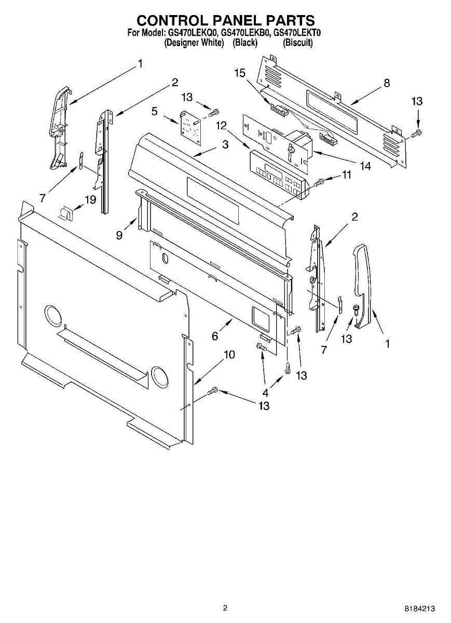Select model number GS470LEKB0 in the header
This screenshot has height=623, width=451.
245,33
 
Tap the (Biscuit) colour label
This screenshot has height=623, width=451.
297,43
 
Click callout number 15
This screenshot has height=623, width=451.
239,73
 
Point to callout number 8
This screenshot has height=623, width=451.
386,83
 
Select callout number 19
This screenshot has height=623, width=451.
91,199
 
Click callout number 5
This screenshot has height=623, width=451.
154,111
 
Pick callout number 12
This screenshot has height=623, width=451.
222,125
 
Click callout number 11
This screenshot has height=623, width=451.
346,175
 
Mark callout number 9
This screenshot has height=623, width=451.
119,235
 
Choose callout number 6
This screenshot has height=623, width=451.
215,336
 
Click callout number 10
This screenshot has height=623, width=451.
229,355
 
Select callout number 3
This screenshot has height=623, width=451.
225,145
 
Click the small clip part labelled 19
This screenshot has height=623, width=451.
65,212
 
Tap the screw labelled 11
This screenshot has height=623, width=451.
319,182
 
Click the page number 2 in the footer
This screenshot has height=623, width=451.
225,608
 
